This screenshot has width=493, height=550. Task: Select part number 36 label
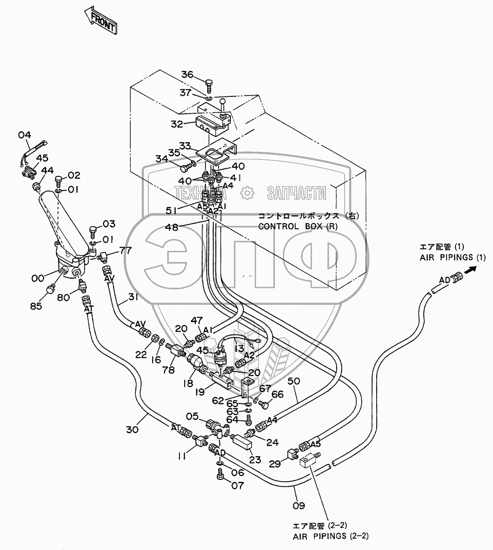(188, 75)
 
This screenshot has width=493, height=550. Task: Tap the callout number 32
(177, 124)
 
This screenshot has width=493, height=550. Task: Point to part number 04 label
(25, 135)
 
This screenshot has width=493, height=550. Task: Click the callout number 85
(36, 306)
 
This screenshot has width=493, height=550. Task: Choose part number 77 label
(125, 250)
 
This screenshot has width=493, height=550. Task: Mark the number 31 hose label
(133, 297)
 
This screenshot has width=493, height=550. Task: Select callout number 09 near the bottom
(299, 505)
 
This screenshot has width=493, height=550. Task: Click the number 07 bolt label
(238, 485)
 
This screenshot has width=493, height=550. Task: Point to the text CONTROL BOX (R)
(298, 226)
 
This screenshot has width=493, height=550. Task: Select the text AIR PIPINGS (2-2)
(330, 536)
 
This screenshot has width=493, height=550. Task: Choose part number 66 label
(278, 394)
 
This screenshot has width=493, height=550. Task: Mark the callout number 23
(255, 459)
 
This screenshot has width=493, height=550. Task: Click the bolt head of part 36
(209, 83)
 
